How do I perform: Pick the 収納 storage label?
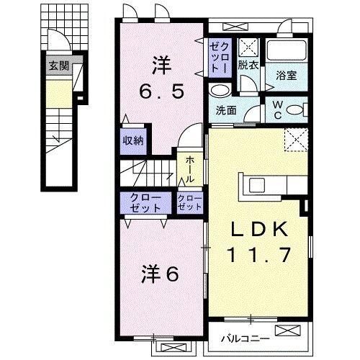(132, 140)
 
